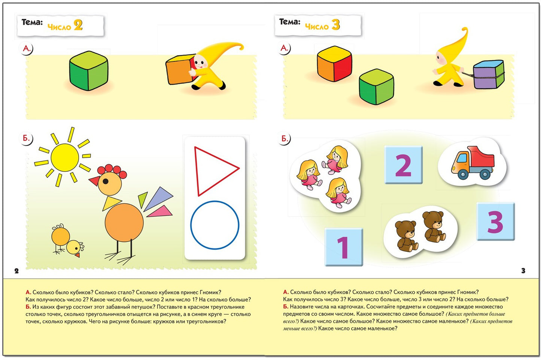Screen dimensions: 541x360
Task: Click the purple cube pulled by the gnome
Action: pos(489,74)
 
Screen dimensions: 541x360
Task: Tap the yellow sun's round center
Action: pos(65,158)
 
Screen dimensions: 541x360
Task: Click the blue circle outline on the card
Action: pos(215,225)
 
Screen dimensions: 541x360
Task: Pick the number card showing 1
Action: pos(344,247)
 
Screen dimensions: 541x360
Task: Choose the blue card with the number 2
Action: pos(403,165)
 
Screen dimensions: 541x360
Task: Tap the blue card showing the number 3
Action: pos(496,221)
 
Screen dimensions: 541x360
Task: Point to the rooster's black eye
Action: pos(106,181)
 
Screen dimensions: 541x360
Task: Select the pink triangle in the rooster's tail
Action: pos(160,211)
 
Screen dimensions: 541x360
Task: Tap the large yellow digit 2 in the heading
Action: pos(78,25)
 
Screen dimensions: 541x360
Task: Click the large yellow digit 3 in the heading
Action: pos(336,25)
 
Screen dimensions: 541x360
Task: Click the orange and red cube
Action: pos(334,64)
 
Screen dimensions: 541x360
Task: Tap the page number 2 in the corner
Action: pos(16,271)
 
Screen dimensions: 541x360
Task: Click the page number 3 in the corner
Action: pos(523,270)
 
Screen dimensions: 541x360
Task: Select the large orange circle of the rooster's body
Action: pos(124,223)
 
